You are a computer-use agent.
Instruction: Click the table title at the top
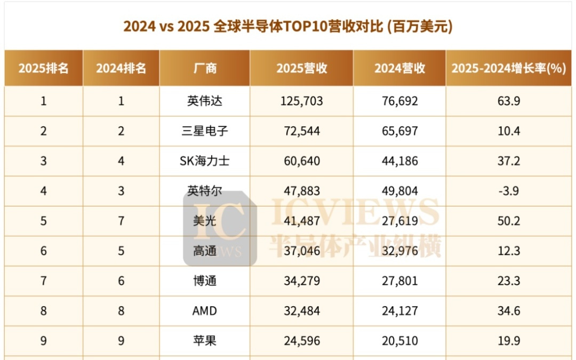[288, 26]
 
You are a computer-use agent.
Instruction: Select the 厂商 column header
[205, 68]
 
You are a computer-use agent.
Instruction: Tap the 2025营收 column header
[301, 68]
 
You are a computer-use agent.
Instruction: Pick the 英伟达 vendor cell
[205, 101]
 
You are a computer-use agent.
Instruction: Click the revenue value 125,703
[301, 101]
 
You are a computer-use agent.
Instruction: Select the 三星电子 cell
[205, 131]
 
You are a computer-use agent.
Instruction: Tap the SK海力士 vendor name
[205, 161]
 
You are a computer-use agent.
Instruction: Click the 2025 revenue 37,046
[301, 251]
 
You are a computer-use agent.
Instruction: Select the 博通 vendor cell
[205, 281]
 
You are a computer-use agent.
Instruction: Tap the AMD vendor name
[205, 310]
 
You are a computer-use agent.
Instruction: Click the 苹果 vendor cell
[205, 340]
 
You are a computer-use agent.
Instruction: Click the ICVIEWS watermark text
[355, 212]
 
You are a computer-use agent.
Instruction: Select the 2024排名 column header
[121, 68]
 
